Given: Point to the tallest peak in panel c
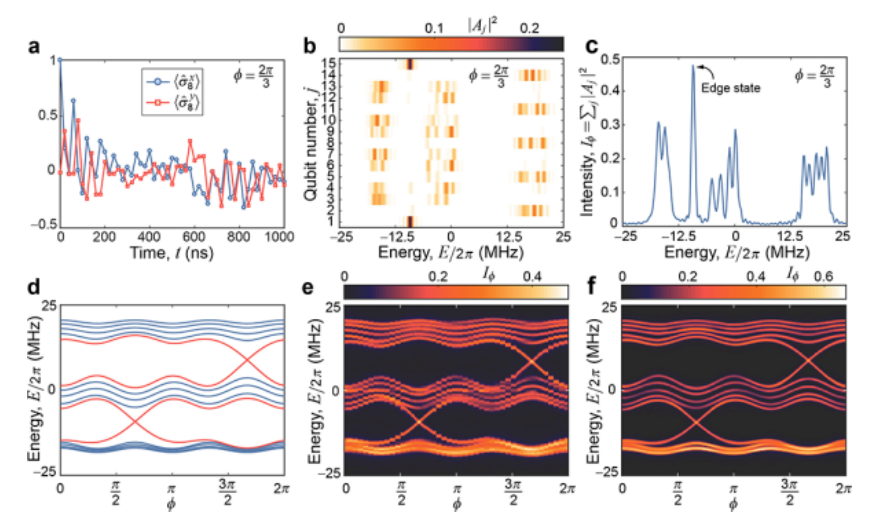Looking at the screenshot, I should (x=693, y=67).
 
